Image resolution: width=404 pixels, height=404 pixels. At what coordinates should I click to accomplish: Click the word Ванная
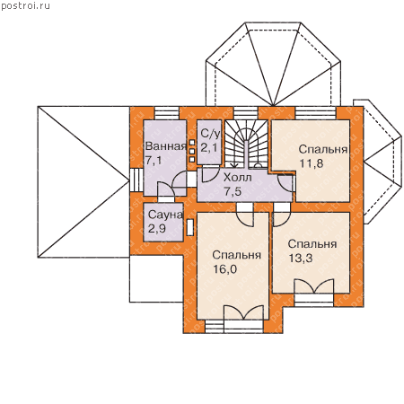click(x=165, y=146)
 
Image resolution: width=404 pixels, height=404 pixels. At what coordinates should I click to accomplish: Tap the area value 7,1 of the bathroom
click(x=154, y=160)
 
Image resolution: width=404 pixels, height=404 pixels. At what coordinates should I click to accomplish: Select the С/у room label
click(x=210, y=134)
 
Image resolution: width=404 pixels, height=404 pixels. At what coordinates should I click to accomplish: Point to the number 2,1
click(x=208, y=147)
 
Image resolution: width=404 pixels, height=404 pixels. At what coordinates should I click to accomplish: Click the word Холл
click(x=238, y=178)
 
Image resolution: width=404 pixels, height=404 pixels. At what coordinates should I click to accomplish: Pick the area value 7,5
click(x=233, y=191)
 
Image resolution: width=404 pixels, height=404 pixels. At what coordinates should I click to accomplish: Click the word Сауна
click(x=165, y=215)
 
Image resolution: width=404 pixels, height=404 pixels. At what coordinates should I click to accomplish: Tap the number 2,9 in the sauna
click(x=157, y=229)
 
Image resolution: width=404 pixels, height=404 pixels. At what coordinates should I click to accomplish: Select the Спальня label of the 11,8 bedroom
click(x=323, y=149)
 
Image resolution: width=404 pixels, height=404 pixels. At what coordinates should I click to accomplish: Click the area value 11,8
click(x=312, y=163)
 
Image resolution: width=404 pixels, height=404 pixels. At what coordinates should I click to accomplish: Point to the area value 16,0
click(x=224, y=269)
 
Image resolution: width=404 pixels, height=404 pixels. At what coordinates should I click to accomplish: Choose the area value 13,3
click(x=301, y=258)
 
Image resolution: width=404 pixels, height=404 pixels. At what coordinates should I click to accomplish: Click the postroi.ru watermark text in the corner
click(x=25, y=6)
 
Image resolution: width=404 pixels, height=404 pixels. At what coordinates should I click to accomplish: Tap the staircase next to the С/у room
click(x=246, y=144)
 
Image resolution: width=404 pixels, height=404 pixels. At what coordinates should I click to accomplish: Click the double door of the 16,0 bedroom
click(x=244, y=312)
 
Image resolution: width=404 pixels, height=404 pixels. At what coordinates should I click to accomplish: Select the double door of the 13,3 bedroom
click(x=314, y=286)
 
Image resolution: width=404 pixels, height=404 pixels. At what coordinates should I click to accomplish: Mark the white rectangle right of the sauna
click(x=189, y=227)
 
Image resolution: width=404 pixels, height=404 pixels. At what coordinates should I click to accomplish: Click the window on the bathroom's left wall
click(x=136, y=180)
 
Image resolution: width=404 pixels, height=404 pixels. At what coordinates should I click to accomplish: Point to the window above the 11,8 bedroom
click(x=316, y=113)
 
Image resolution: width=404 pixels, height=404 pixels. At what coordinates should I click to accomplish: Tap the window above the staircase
click(x=246, y=113)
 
